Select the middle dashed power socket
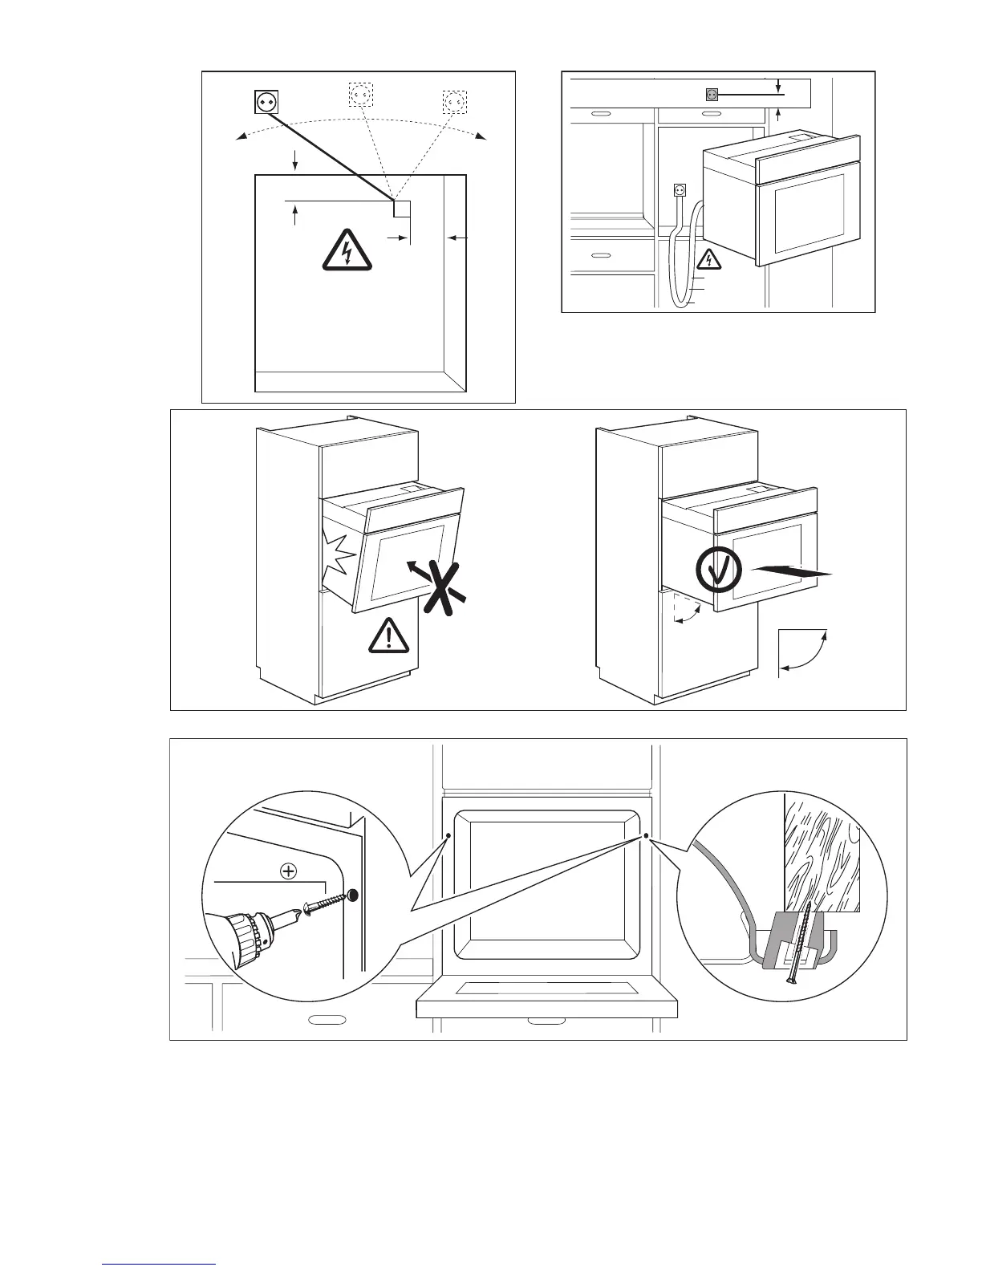[361, 95]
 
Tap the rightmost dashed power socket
[455, 103]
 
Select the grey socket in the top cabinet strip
[711, 94]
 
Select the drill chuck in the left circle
[245, 936]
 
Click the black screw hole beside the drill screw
[353, 895]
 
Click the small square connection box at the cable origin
[401, 209]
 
